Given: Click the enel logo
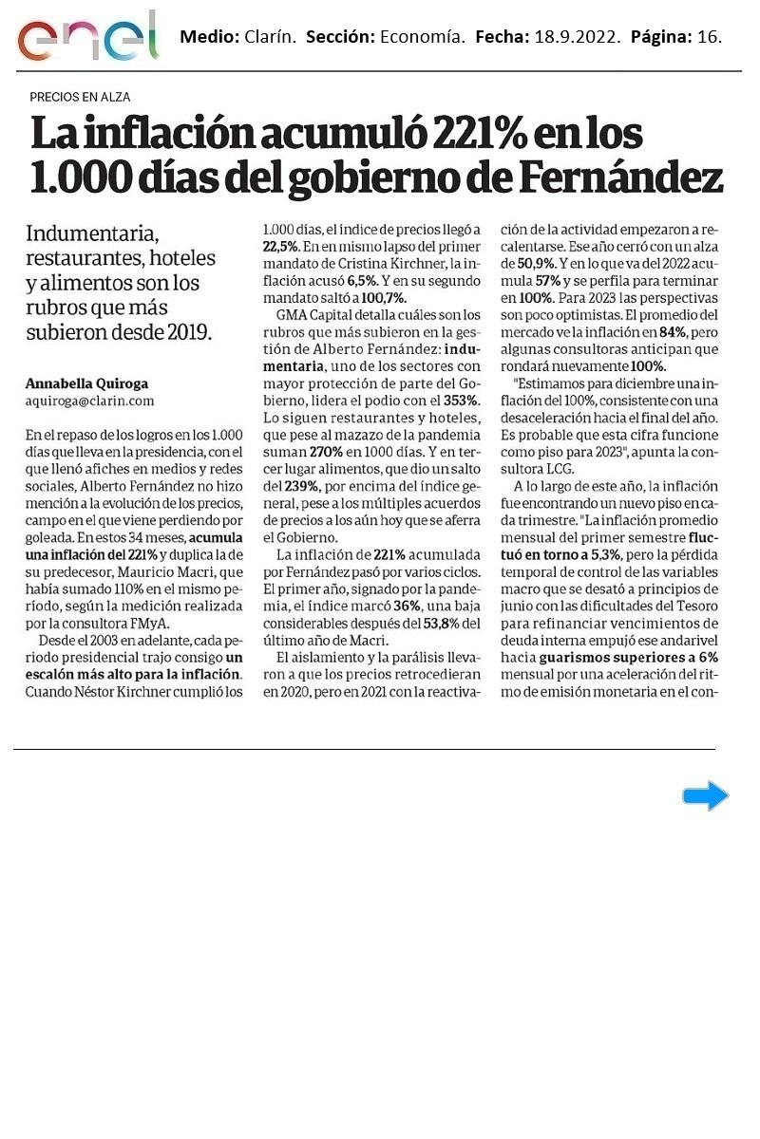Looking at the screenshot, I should click(x=87, y=36).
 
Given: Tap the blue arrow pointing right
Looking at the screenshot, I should click(x=705, y=796).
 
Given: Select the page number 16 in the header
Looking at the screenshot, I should click(x=709, y=38).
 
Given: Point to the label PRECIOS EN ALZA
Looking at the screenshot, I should click(x=80, y=97).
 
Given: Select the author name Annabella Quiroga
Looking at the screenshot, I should click(x=86, y=383).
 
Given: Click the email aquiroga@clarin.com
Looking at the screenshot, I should click(x=89, y=401).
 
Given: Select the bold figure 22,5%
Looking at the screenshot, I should click(x=281, y=245).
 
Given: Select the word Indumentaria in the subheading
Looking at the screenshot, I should click(x=92, y=233).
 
